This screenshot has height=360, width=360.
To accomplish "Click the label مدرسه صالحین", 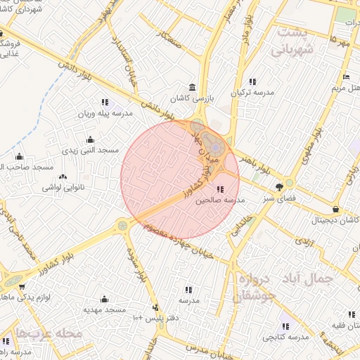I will click(221, 200).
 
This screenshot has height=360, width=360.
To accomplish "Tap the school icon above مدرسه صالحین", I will click(221, 189).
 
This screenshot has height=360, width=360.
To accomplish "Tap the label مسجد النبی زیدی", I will click(91, 151).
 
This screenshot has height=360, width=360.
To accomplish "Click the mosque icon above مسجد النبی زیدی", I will click(91, 140).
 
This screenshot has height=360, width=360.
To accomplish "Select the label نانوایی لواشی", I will click(63, 187).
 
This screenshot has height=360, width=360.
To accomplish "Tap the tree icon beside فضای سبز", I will click(280, 186).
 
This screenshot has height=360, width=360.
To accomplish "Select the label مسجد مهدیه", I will click(105, 310).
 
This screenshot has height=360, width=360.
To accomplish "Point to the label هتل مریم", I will click(347, 89).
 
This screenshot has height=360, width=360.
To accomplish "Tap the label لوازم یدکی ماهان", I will click(19, 298).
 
